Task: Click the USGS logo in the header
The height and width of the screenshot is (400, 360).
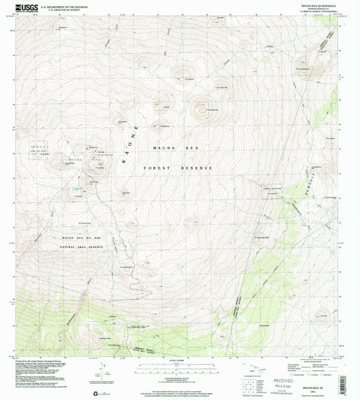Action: [x=23, y=7]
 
